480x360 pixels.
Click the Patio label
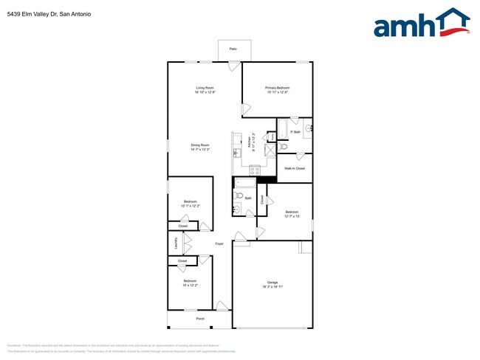233,49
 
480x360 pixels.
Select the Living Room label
205,88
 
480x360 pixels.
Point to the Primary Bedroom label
278,88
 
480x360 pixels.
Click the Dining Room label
200,145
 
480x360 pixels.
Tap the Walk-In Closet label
295,168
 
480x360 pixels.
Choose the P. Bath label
295,132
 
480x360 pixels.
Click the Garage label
272,283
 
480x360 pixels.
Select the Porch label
200,319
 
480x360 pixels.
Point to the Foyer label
219,243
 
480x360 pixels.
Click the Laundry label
176,243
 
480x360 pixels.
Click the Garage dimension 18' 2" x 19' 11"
272,287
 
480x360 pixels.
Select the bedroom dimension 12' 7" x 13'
292,216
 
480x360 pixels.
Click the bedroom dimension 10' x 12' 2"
190,285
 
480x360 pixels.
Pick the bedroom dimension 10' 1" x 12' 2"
190,206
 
